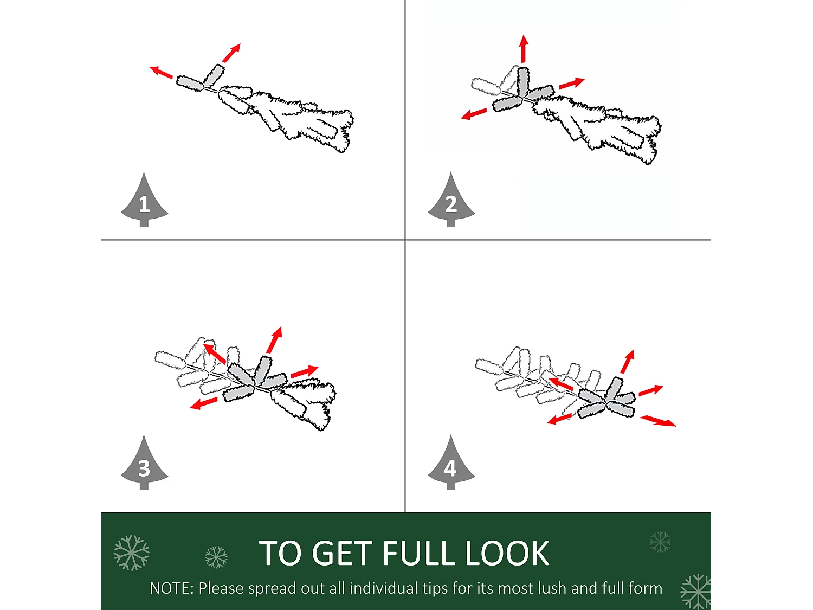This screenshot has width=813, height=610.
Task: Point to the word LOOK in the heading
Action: (507, 553)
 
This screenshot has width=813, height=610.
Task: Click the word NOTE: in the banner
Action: (172, 588)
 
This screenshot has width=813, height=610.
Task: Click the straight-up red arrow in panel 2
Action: (524, 49)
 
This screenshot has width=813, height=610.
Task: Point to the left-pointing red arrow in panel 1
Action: (161, 72)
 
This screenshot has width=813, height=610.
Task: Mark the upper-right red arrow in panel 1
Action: (231, 53)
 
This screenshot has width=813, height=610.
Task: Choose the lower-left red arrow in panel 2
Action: (474, 114)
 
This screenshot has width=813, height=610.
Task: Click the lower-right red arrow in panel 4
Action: (658, 421)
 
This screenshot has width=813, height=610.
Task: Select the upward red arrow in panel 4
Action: (628, 362)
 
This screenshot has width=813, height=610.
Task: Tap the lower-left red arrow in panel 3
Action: (204, 403)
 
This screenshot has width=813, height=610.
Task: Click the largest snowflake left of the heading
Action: (132, 553)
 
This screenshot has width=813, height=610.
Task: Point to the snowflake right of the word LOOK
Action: (660, 542)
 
